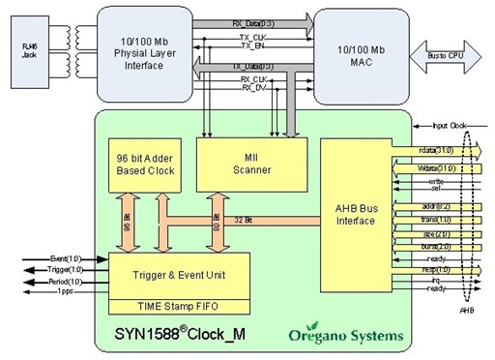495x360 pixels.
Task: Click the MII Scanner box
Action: coord(250,163)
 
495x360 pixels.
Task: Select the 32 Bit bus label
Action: coord(243,222)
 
